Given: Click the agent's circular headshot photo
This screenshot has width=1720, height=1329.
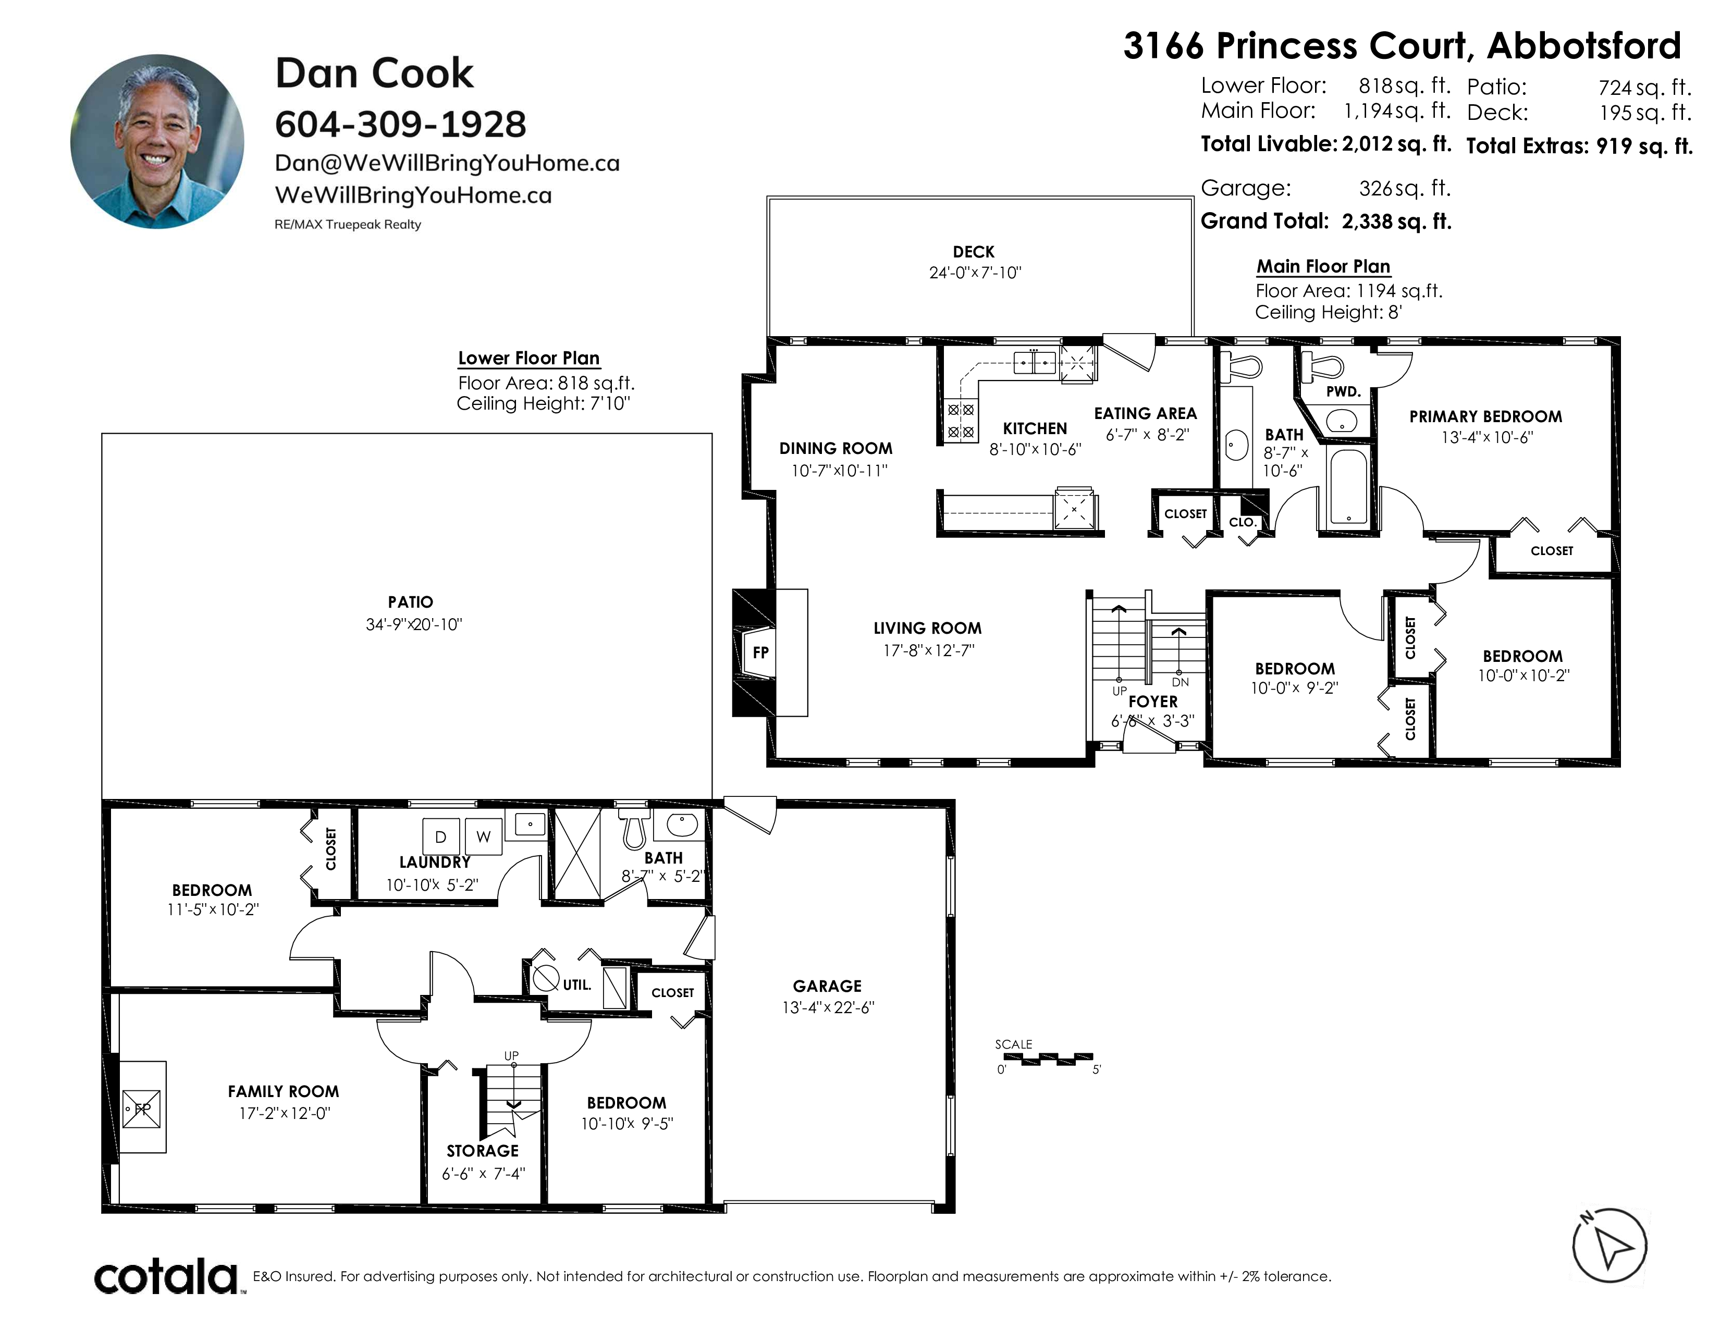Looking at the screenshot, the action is tap(157, 142).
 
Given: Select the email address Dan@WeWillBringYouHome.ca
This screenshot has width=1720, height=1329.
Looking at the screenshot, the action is tap(447, 163).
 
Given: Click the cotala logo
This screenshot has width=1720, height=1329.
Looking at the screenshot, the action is tap(167, 1276).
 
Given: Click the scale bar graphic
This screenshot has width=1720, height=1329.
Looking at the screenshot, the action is tap(1048, 1059).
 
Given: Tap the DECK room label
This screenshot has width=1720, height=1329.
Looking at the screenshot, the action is tap(974, 252).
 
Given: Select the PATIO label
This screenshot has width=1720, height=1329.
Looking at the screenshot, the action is tap(410, 602).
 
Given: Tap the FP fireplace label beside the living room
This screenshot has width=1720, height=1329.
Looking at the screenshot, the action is tap(761, 652).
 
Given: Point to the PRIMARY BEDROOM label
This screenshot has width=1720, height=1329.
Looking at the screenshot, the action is tap(1485, 416).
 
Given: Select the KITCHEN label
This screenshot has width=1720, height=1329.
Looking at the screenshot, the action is tap(1035, 428).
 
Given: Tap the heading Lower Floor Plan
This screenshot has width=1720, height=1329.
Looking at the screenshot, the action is tap(529, 358).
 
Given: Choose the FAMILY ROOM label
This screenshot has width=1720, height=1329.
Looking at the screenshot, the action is tap(284, 1091).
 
